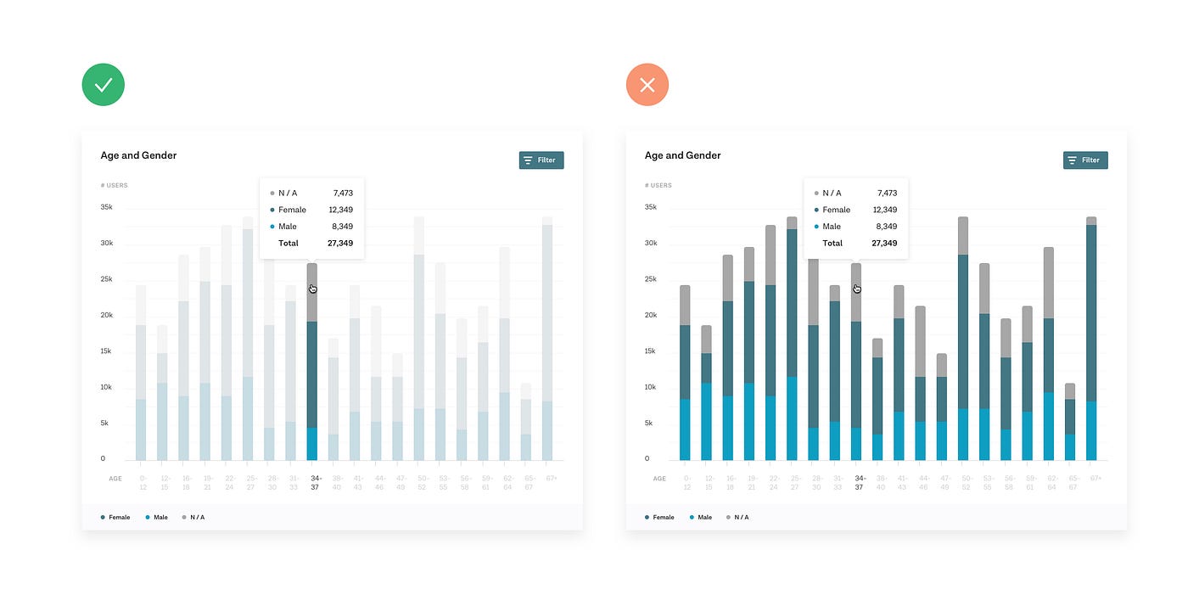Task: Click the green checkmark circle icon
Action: (104, 85)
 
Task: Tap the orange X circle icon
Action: (647, 85)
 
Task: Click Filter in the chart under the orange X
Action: (1085, 160)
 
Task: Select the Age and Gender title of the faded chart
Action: (138, 155)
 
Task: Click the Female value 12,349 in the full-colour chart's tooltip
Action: (885, 210)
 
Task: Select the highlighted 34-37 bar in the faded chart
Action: (312, 365)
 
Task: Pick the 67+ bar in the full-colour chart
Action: (1091, 339)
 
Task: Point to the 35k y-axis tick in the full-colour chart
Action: (650, 207)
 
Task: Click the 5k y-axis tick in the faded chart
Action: (105, 423)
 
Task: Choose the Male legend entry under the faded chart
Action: (157, 517)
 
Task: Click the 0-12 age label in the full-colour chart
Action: (686, 483)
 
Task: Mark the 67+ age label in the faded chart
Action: (552, 479)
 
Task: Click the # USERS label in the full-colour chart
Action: (658, 185)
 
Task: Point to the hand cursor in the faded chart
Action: (313, 289)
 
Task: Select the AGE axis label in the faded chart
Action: (115, 479)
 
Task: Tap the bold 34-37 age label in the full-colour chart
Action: (859, 483)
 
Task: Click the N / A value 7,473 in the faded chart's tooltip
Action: (343, 193)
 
